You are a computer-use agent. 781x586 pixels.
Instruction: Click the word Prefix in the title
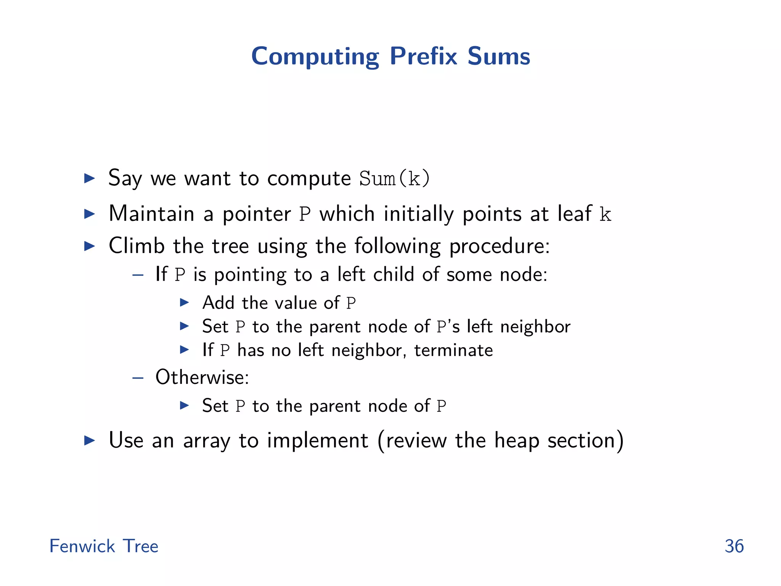point(423,56)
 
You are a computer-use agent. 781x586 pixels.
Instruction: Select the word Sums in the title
point(499,56)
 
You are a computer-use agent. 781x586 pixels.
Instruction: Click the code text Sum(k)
point(394,179)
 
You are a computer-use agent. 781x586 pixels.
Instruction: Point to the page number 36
point(734,546)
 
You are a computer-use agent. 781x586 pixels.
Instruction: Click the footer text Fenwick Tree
point(104,546)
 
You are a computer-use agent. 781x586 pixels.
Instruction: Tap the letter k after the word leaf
point(605,214)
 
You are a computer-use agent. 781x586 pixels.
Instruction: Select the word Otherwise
point(202,377)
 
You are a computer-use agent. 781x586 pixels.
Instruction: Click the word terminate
point(453,350)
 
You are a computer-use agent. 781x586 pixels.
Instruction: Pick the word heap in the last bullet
point(516,441)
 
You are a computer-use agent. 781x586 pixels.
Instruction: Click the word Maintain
point(151,214)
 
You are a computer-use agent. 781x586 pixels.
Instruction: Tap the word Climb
point(137,246)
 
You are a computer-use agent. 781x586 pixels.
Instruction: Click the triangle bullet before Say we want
point(89,178)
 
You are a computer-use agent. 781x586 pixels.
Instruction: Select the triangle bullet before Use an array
point(89,441)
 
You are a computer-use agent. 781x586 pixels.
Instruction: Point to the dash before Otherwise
point(138,378)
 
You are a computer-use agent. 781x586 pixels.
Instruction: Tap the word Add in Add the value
point(218,303)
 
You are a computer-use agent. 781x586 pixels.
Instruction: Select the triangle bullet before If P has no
point(185,349)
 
